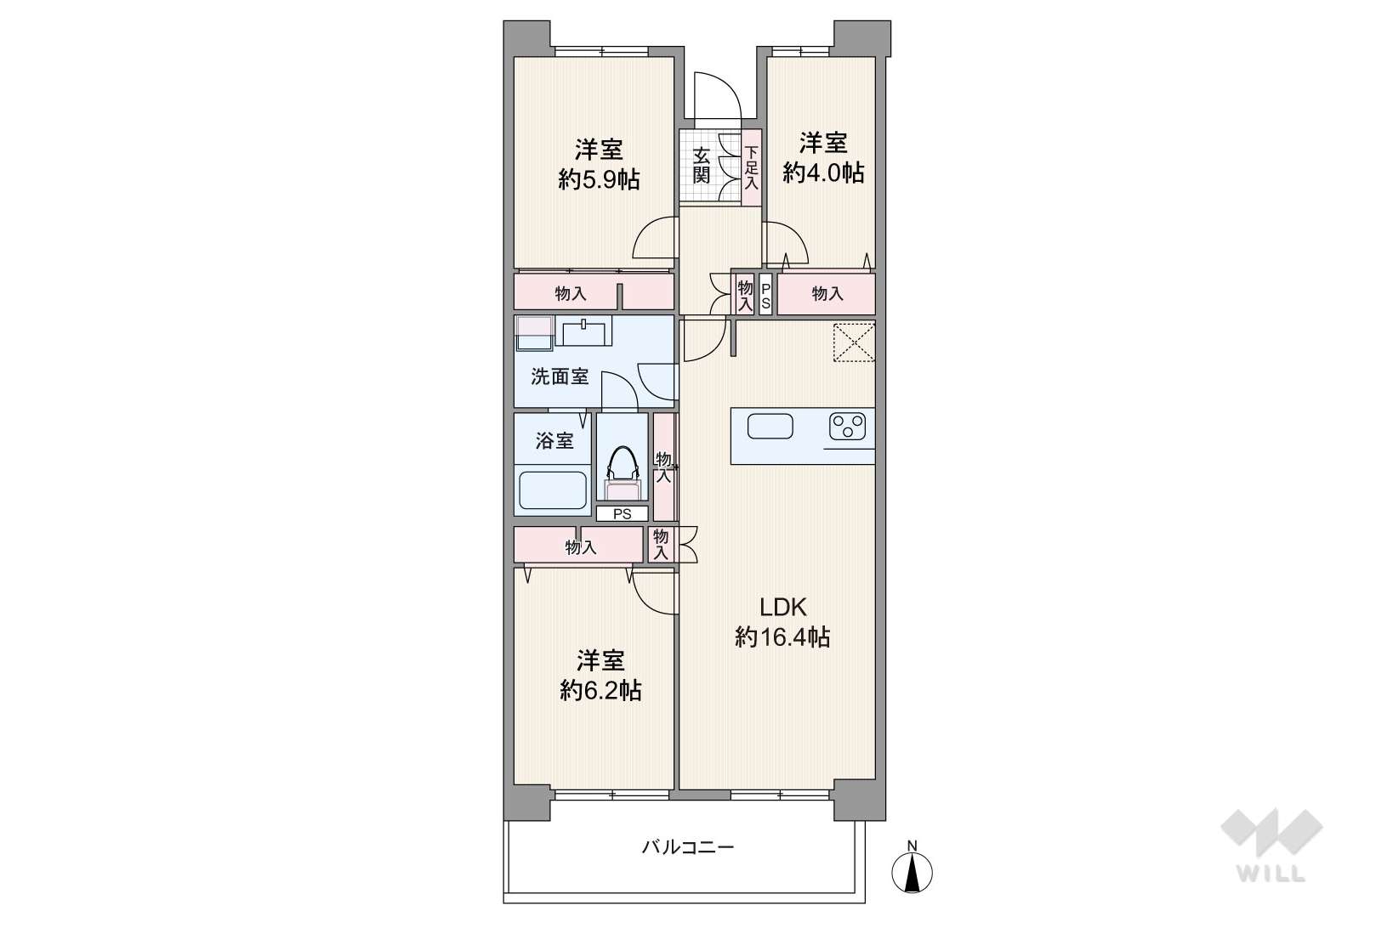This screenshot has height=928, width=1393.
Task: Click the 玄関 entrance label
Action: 701,165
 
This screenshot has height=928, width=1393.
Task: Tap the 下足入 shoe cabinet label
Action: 752,167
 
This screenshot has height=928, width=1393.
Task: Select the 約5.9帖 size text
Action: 599,179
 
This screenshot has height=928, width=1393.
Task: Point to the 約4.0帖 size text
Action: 822,173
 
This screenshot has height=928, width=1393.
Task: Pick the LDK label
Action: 782,607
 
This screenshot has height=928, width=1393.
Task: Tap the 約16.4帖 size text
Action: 782,637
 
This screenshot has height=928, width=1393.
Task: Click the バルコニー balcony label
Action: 688,847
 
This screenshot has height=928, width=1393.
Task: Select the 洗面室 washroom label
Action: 559,376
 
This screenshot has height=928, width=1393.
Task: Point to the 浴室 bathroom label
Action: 554,441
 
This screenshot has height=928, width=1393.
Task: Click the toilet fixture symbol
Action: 623,473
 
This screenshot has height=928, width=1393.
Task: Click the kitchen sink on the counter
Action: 770,427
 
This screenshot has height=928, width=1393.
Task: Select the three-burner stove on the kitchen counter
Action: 847,427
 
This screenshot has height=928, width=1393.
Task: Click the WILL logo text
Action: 1271,873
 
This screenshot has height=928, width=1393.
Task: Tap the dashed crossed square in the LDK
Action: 854,342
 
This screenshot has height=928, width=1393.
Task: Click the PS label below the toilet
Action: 622,514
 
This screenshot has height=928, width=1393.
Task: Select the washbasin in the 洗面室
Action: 583,331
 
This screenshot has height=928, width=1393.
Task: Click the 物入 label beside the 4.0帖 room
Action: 827,293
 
